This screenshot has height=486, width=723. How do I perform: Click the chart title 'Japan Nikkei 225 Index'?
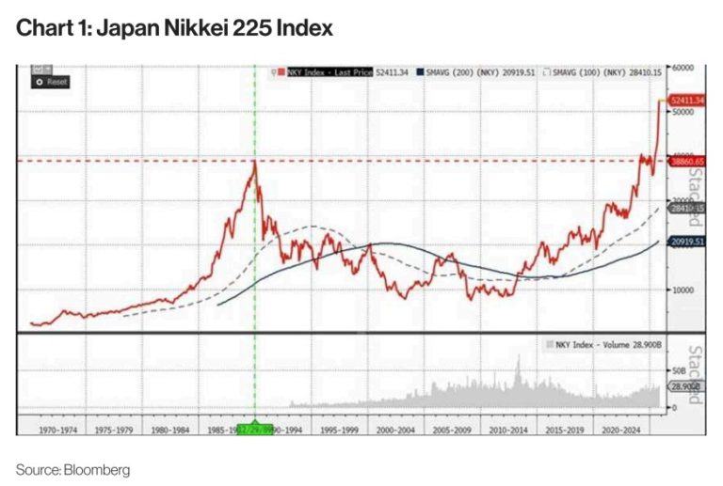pos(174,28)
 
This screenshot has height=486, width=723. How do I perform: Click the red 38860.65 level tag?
pos(685,162)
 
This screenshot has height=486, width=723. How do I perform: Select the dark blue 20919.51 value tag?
pos(685,243)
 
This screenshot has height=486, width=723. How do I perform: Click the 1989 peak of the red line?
pos(255,162)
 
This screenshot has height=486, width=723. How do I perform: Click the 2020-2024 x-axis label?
pos(623,428)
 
